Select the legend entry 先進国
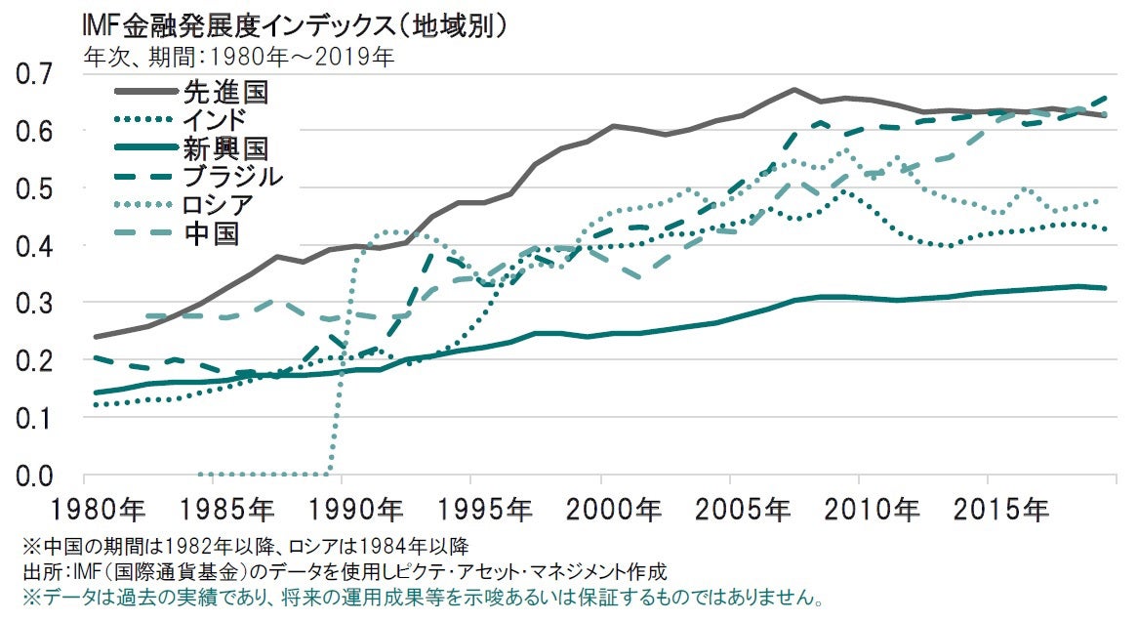pos(224,94)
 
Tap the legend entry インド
pos(214,121)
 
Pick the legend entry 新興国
pos(224,149)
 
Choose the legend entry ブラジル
pos(232,178)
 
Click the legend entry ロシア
pos(217,206)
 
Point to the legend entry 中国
pos(210,234)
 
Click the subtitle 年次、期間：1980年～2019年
pos(240,57)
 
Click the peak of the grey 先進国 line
pos(793,90)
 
